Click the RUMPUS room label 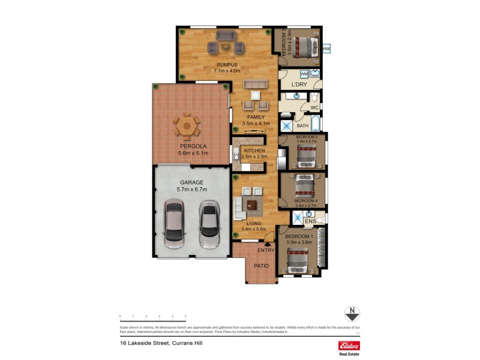(x=227, y=65)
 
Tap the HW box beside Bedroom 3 (x=326, y=49)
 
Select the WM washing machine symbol (x=304, y=74)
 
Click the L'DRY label (x=299, y=85)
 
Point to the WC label (x=314, y=108)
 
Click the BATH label (x=303, y=126)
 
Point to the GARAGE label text (x=192, y=182)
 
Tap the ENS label (x=310, y=221)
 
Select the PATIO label (x=260, y=266)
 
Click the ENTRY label (x=266, y=250)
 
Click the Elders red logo (x=349, y=346)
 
